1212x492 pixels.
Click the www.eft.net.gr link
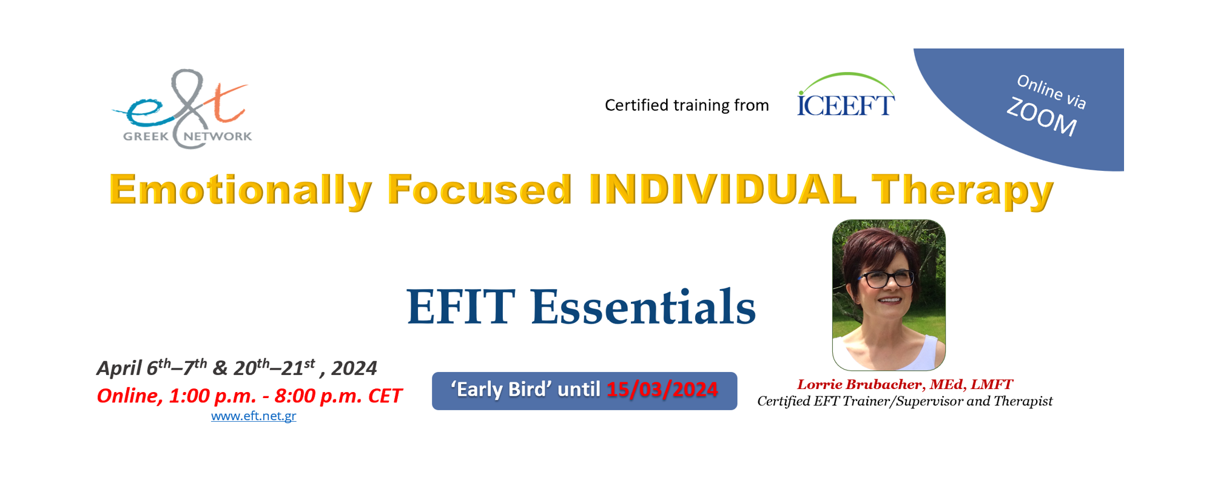[254, 416]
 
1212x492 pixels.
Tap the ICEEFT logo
[846, 95]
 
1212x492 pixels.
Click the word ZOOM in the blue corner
[1042, 118]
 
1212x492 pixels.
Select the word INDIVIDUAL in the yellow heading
[722, 190]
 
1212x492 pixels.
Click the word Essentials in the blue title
[643, 307]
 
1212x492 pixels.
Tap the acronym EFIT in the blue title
[461, 307]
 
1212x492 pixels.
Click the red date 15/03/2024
[662, 390]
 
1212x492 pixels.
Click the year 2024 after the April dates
[354, 368]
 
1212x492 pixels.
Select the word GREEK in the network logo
[146, 136]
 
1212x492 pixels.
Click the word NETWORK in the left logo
[218, 136]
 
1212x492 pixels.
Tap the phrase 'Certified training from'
[687, 105]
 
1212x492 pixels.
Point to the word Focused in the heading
[480, 190]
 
